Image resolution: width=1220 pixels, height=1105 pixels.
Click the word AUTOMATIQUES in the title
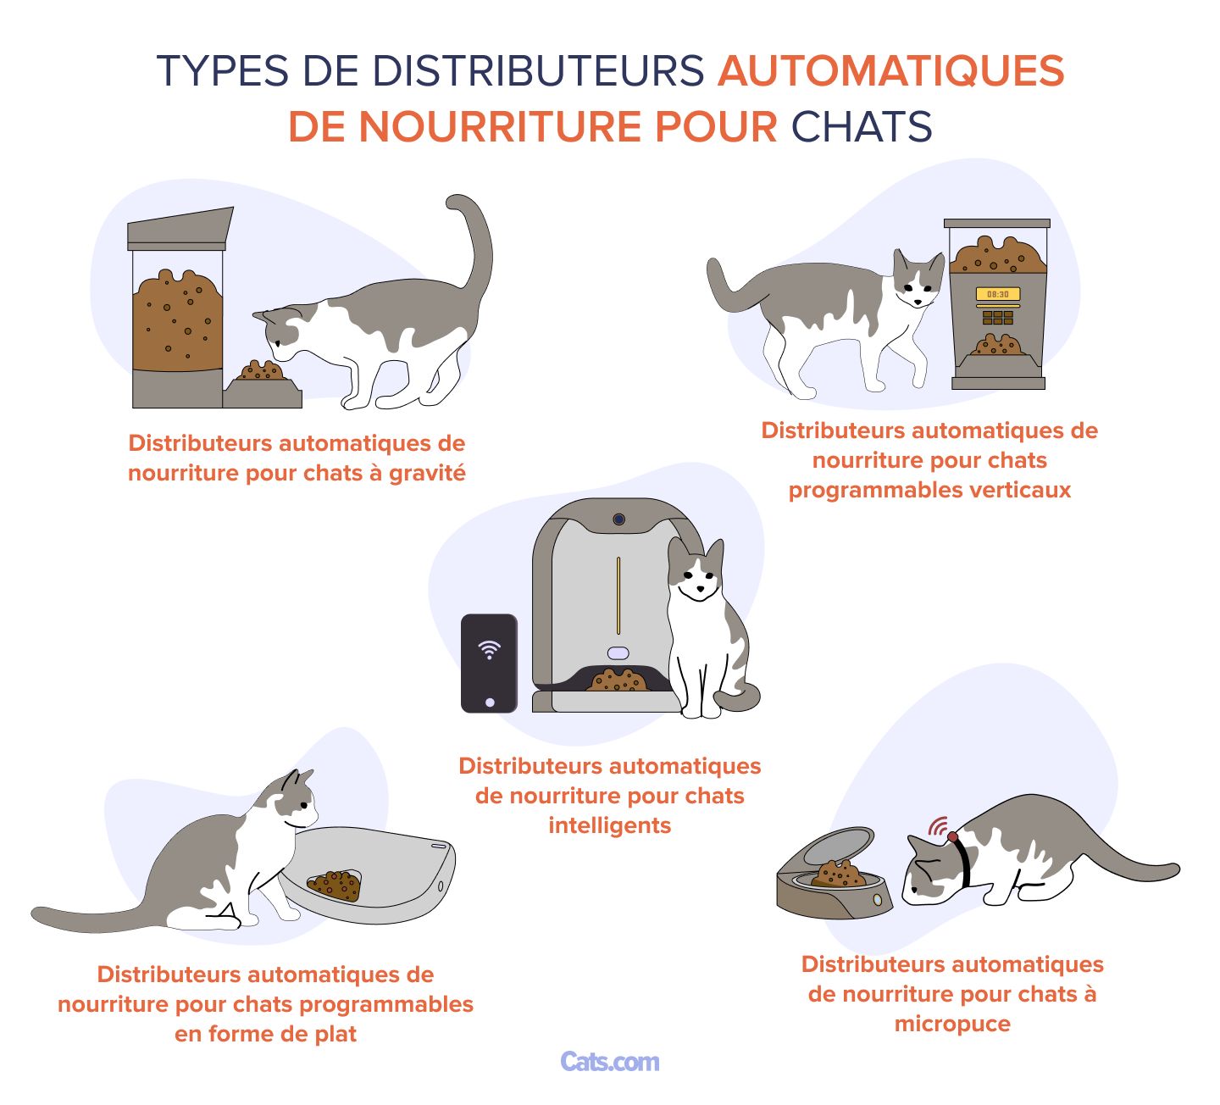pyautogui.click(x=890, y=70)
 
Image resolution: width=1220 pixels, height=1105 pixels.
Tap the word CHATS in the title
pyautogui.click(x=862, y=127)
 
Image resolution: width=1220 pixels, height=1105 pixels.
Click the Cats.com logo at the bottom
pyautogui.click(x=609, y=1062)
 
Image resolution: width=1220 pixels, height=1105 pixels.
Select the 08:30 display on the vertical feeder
pyautogui.click(x=997, y=294)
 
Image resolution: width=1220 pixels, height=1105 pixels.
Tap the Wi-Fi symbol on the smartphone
pyautogui.click(x=489, y=650)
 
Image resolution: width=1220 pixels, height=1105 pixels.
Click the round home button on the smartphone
pyautogui.click(x=489, y=702)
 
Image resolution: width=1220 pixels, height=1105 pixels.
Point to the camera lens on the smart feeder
pyautogui.click(x=618, y=519)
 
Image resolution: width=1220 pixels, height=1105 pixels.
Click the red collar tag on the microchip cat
pyautogui.click(x=953, y=836)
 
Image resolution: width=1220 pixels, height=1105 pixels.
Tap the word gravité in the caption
pyautogui.click(x=427, y=473)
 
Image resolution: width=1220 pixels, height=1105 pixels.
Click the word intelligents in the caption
pyautogui.click(x=609, y=825)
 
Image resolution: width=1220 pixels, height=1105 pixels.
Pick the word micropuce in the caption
pyautogui.click(x=952, y=1024)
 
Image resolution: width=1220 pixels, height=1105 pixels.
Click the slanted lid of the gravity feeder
pyautogui.click(x=180, y=226)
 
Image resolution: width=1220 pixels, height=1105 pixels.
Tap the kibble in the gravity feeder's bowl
pyautogui.click(x=261, y=371)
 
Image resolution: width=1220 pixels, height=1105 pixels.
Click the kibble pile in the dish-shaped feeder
pyautogui.click(x=335, y=886)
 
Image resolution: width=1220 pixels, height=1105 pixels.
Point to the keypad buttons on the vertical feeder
pyautogui.click(x=997, y=318)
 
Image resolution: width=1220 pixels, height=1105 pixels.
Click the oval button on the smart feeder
pyautogui.click(x=618, y=653)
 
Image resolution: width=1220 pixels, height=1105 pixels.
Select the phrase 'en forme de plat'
pyautogui.click(x=265, y=1034)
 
